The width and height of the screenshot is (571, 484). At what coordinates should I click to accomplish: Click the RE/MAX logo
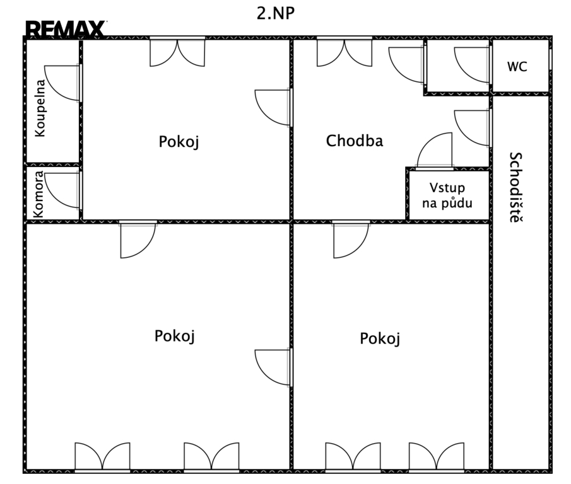[66, 29]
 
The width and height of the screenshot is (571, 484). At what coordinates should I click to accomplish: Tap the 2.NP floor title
[276, 13]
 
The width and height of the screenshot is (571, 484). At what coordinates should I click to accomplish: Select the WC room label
[517, 67]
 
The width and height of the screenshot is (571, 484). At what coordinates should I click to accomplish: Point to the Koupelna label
[40, 108]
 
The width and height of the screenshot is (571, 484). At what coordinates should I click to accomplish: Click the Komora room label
[38, 195]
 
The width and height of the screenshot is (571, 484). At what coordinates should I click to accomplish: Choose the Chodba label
[355, 141]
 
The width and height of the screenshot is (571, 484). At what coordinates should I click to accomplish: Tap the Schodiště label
[515, 187]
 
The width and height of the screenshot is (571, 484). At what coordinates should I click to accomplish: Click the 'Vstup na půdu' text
[447, 195]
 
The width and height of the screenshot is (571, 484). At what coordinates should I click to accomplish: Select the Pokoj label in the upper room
[179, 141]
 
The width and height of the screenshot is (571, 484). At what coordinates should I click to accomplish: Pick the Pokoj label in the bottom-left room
[174, 336]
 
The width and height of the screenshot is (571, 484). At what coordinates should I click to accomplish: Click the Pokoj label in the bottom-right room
[380, 338]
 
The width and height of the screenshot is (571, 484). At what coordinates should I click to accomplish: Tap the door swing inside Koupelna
[62, 83]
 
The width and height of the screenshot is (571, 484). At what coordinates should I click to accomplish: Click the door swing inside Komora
[62, 190]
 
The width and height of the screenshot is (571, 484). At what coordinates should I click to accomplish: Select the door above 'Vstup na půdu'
[435, 151]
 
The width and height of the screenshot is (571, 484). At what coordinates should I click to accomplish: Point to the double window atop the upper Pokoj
[177, 52]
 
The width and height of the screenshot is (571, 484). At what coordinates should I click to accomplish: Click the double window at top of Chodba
[344, 52]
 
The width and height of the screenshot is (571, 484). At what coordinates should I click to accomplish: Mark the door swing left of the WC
[473, 65]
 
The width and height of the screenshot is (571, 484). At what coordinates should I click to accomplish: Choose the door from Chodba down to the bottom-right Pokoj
[351, 239]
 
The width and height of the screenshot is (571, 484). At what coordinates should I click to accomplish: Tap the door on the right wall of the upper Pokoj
[273, 107]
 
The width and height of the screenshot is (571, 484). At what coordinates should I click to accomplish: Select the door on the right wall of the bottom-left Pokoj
[273, 367]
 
